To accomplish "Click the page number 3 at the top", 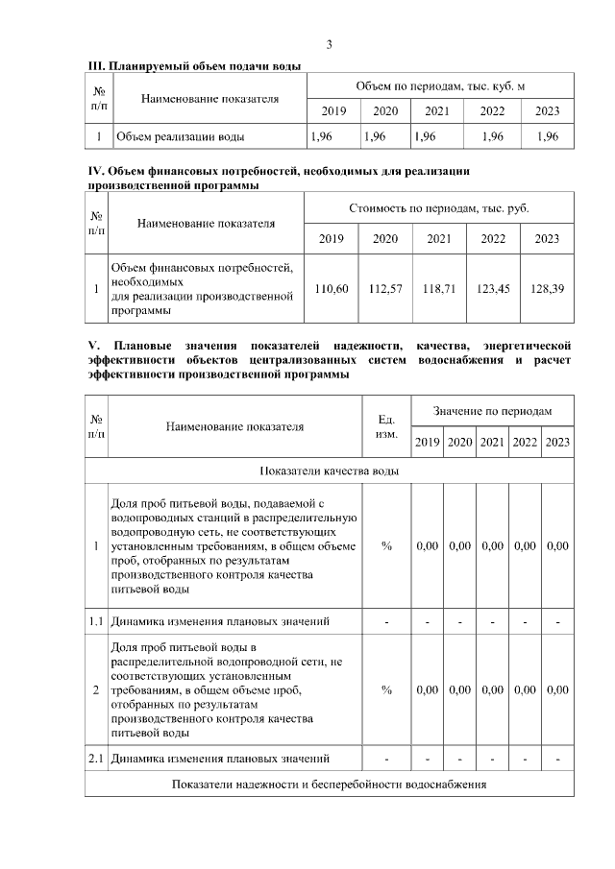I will (330, 45).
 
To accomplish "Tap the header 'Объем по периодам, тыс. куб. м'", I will (440, 86).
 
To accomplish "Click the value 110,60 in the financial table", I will (332, 288).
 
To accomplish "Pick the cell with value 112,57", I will (385, 288).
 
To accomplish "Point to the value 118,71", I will (439, 288).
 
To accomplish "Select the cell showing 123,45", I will (493, 288).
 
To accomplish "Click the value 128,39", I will (547, 288).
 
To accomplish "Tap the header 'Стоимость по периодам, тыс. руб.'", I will (439, 207).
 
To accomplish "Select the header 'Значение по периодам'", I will (493, 410).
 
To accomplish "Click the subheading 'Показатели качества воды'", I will (330, 471).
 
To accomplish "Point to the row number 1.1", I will (96, 621).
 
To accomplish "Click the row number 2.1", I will (96, 760).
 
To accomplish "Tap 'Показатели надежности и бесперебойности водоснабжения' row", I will (330, 785).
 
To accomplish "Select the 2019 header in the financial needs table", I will (332, 238).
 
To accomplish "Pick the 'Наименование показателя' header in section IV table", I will (206, 223).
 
